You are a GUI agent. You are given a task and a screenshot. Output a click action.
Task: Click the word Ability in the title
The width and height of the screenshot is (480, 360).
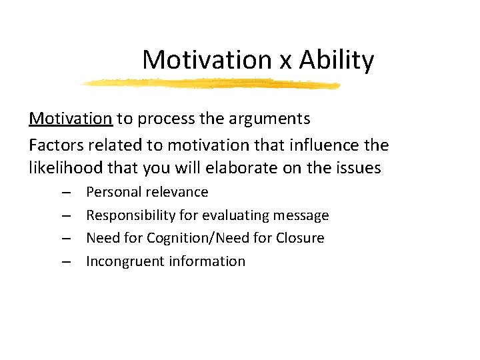[337, 61]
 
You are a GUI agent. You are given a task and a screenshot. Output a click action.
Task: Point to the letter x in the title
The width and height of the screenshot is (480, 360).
[285, 62]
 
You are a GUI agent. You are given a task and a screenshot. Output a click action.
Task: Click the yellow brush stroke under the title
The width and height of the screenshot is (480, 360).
[210, 84]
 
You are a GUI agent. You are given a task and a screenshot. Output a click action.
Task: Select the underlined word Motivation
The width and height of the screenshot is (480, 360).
[71, 119]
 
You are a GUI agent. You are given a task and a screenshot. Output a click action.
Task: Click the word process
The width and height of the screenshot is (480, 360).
[163, 119]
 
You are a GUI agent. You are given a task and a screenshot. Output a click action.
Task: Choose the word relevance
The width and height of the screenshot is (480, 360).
[177, 192]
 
